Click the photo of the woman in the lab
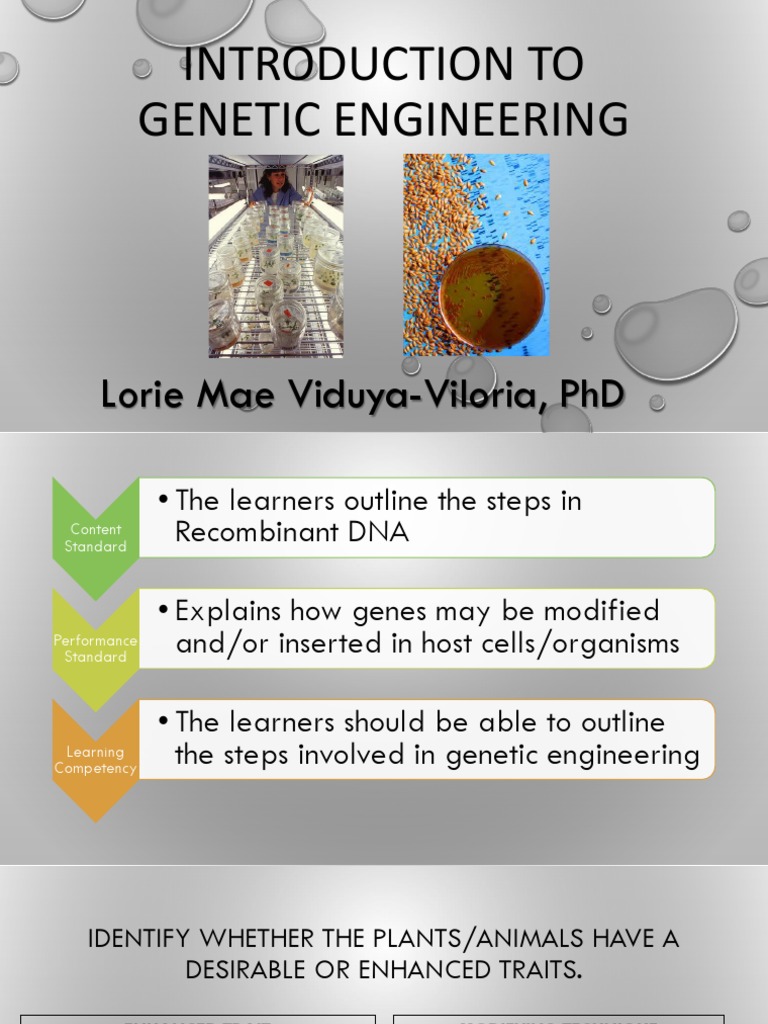click(x=275, y=256)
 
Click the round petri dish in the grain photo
click(x=493, y=296)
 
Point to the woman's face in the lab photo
click(x=277, y=183)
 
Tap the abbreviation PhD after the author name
click(x=591, y=394)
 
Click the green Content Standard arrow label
click(x=96, y=538)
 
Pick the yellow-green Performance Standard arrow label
click(x=96, y=648)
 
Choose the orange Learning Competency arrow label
click(x=96, y=760)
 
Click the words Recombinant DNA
click(x=292, y=532)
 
